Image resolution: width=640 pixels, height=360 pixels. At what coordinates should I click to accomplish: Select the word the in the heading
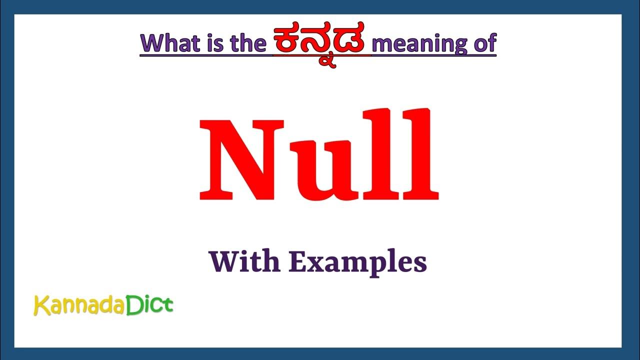pos(248,43)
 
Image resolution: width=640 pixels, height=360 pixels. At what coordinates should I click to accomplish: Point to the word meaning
pos(420,44)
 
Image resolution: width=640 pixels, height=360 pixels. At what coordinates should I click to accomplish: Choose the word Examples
pos(357,262)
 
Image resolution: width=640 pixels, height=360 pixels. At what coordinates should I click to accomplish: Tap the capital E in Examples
pos(298,261)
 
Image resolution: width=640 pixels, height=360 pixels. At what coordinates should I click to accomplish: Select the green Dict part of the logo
pos(149,304)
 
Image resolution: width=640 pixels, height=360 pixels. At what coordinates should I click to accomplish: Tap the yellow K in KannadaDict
pos(41,305)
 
